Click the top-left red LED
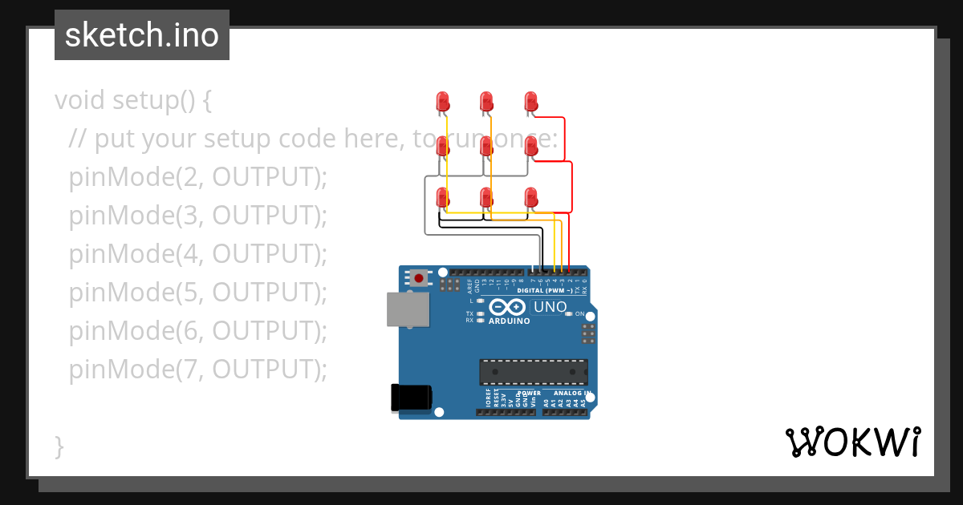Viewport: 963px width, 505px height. (442, 101)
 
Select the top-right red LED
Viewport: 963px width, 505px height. (530, 101)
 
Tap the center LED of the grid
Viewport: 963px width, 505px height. (486, 146)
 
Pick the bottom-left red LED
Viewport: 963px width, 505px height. (442, 197)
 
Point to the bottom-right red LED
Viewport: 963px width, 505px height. (530, 197)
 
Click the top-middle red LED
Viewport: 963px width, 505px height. (486, 101)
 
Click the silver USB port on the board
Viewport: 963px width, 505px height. (408, 309)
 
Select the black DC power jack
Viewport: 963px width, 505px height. (411, 398)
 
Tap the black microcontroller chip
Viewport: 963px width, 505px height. (534, 372)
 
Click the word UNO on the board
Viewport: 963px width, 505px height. (551, 307)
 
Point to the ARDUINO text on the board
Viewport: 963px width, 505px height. (510, 321)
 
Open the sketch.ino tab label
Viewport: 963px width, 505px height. (142, 35)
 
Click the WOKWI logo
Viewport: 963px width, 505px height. (852, 442)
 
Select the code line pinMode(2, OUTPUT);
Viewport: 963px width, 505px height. (198, 177)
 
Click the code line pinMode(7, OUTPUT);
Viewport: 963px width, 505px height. (198, 370)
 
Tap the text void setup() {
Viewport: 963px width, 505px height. (133, 100)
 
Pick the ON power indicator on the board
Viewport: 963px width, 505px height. (579, 313)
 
